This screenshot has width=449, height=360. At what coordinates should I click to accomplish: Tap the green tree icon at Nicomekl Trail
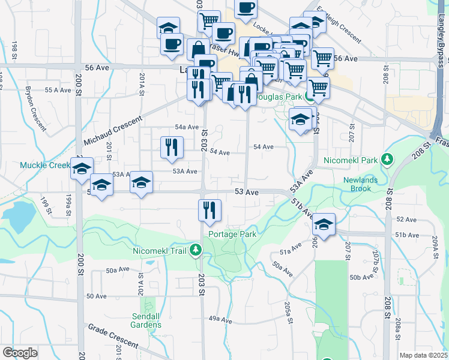(x=195, y=249)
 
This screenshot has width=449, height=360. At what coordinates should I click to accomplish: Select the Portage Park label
(x=232, y=234)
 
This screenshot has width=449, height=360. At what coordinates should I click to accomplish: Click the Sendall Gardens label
(x=146, y=320)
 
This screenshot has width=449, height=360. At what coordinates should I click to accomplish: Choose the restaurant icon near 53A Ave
(x=172, y=147)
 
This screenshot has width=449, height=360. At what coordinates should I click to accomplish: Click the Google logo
(x=20, y=353)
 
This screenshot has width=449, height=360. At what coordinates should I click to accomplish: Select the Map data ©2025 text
(x=424, y=355)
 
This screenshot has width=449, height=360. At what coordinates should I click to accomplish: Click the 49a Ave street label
(x=220, y=320)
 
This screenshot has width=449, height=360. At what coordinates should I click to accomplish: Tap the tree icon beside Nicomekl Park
(x=388, y=159)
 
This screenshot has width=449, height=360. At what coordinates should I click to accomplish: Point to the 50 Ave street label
(x=97, y=296)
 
